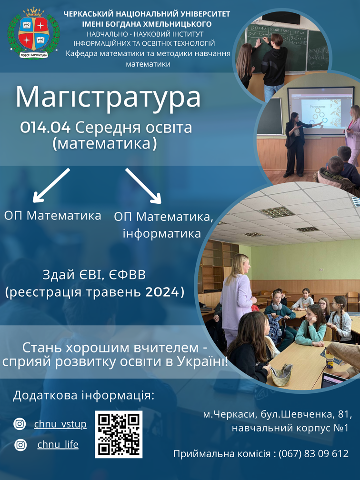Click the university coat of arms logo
pyautogui.click(x=34, y=33)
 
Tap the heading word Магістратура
pyautogui.click(x=108, y=97)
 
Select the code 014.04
pyautogui.click(x=45, y=128)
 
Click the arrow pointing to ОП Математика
pyautogui.click(x=51, y=186)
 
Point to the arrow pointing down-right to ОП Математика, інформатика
pyautogui.click(x=143, y=186)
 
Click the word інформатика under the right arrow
pyautogui.click(x=162, y=233)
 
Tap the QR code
pyautogui.click(x=119, y=434)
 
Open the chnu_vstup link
pyautogui.click(x=60, y=424)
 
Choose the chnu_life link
pyautogui.click(x=58, y=444)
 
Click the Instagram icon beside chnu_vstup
pyautogui.click(x=20, y=424)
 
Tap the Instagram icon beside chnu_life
pyautogui.click(x=20, y=444)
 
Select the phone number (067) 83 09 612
pyautogui.click(x=313, y=453)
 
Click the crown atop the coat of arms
pyautogui.click(x=34, y=12)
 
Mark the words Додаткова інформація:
pyautogui.click(x=84, y=395)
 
